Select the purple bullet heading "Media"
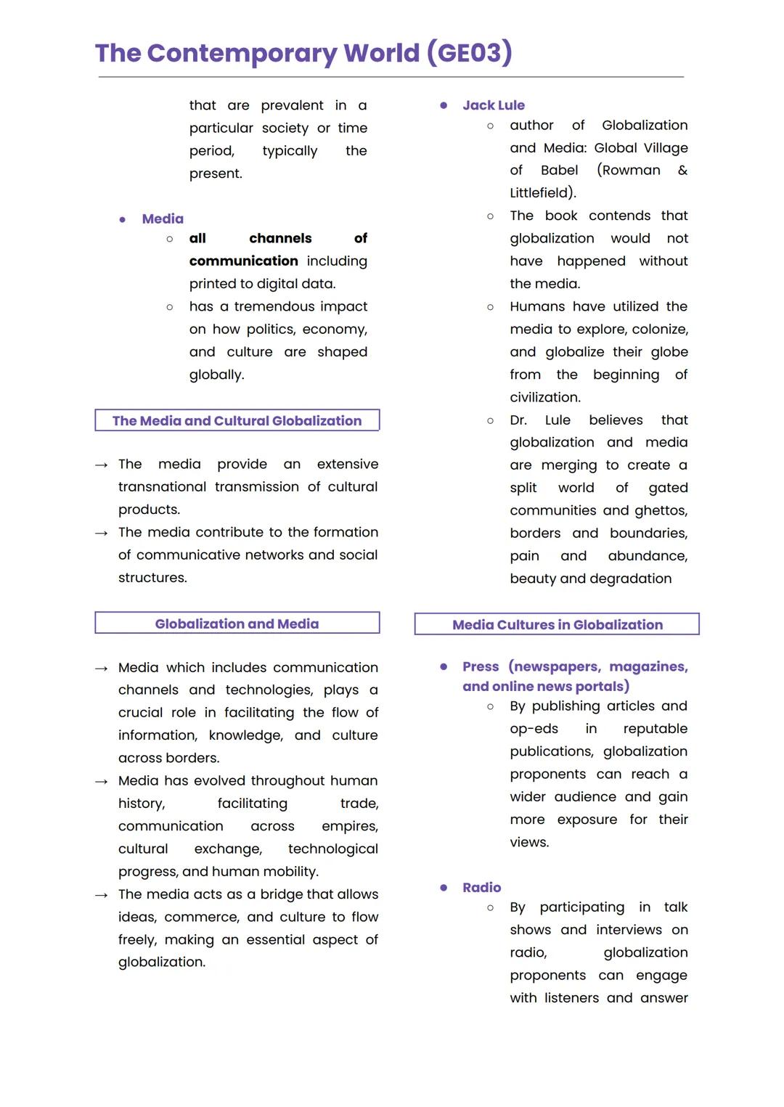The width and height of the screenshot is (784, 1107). click(x=163, y=218)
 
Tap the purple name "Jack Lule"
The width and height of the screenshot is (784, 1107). click(x=494, y=105)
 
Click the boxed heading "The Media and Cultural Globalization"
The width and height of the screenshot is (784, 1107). click(x=237, y=420)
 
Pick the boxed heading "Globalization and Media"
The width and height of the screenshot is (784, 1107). click(x=237, y=624)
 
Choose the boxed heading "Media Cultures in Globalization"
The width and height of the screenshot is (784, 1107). click(x=557, y=624)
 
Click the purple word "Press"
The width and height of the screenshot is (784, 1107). click(x=481, y=666)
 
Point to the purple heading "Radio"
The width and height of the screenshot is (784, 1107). click(x=481, y=887)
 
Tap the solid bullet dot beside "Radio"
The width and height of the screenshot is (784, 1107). click(x=444, y=887)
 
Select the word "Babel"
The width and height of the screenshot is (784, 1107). click(x=559, y=171)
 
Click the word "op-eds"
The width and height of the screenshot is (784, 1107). click(x=534, y=729)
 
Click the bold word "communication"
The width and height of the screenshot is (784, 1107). click(x=243, y=261)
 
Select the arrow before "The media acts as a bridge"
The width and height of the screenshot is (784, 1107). click(x=102, y=895)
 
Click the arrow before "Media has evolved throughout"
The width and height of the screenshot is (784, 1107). click(x=102, y=781)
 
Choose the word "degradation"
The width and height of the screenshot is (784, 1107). click(x=630, y=579)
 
